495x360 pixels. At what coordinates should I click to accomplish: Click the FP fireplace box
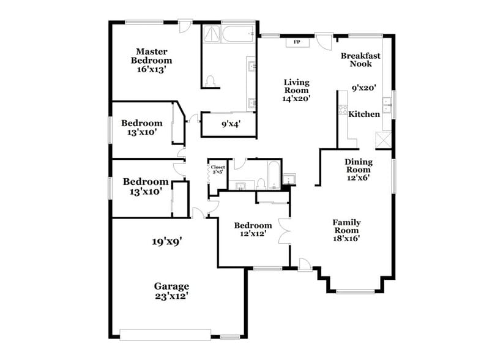pyautogui.click(x=297, y=42)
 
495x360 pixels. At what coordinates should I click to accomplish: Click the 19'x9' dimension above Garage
pyautogui.click(x=168, y=241)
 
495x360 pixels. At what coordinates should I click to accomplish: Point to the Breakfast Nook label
pyautogui.click(x=360, y=59)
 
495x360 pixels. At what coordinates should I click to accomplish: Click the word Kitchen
pyautogui.click(x=364, y=114)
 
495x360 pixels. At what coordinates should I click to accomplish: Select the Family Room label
pyautogui.click(x=346, y=230)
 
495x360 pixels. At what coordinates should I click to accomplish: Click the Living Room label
pyautogui.click(x=297, y=89)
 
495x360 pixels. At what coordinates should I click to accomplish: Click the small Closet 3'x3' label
pyautogui.click(x=218, y=170)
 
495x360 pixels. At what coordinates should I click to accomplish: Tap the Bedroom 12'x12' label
pyautogui.click(x=253, y=230)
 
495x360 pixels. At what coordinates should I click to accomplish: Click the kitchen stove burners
pyautogui.click(x=343, y=111)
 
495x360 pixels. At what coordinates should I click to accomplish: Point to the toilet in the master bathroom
pyautogui.click(x=211, y=80)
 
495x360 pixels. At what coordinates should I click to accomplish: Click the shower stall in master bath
pyautogui.click(x=212, y=34)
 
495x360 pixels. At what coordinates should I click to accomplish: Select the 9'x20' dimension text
pyautogui.click(x=363, y=88)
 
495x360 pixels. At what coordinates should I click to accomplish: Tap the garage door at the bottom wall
pyautogui.click(x=171, y=335)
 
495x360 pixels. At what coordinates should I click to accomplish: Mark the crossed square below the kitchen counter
pyautogui.click(x=383, y=140)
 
